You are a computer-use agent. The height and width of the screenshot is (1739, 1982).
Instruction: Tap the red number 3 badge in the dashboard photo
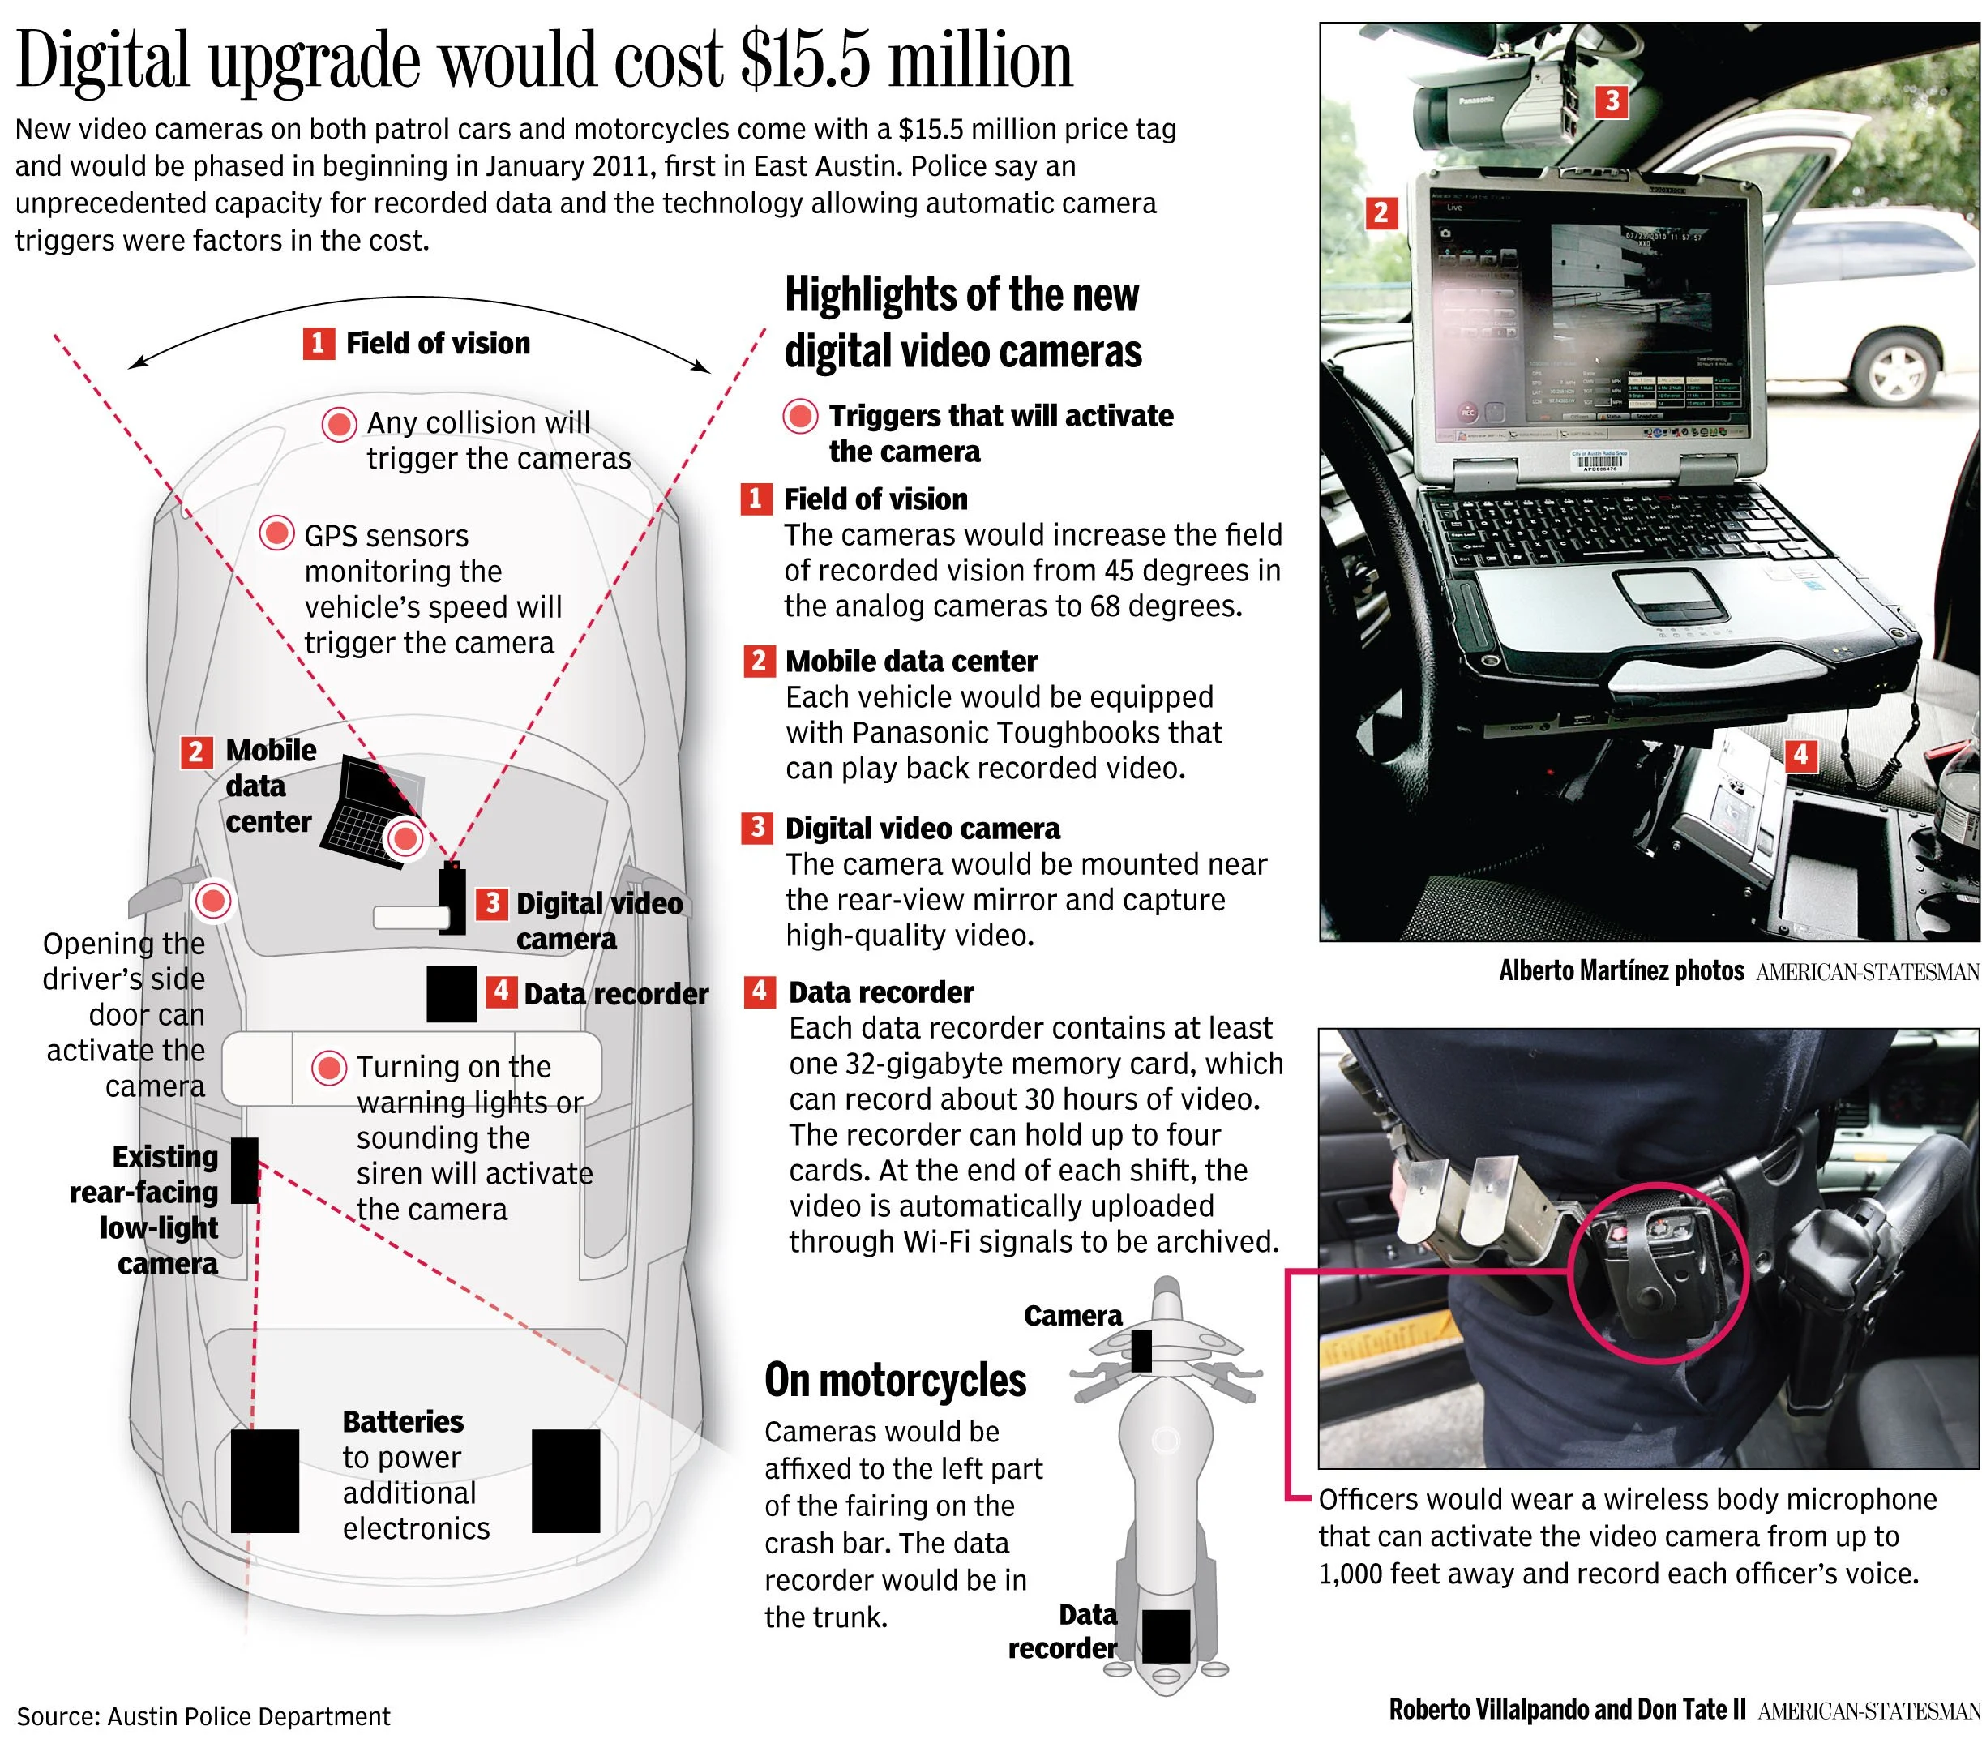[1612, 101]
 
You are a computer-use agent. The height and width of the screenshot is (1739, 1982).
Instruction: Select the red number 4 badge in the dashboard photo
[1800, 755]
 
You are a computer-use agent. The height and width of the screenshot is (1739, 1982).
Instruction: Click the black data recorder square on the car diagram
[452, 994]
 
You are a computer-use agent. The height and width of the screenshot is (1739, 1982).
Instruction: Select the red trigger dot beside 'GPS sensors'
[277, 533]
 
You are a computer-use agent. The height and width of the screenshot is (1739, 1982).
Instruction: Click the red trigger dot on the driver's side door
[213, 901]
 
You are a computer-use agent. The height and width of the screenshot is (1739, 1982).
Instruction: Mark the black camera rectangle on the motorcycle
[1141, 1350]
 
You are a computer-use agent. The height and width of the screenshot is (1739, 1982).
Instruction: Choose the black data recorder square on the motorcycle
[1166, 1635]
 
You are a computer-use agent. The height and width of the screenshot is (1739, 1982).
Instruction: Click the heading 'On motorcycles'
[894, 1380]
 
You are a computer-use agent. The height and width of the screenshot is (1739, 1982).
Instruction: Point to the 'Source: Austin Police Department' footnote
[203, 1716]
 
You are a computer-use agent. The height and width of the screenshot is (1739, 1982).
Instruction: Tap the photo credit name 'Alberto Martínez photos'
[1621, 971]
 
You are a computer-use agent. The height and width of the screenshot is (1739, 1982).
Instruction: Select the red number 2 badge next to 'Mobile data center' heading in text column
[758, 662]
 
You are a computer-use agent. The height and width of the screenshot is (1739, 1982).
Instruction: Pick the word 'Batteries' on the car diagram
[402, 1422]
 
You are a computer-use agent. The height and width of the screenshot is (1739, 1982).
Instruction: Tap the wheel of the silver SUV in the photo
[1896, 372]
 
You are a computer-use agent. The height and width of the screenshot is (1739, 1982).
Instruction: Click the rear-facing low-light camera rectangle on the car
[244, 1171]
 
